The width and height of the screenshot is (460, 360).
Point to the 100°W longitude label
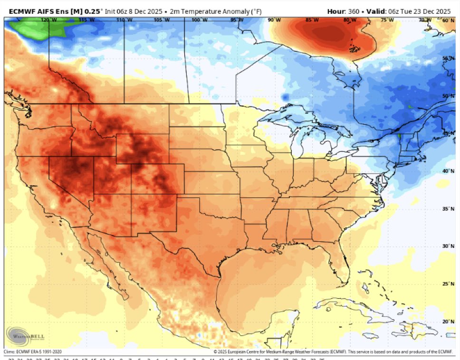click(199, 20)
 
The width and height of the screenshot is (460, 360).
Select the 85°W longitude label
click(312, 20)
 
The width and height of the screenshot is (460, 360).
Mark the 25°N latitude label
click(449, 284)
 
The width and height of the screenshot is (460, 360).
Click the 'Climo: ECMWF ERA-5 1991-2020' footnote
click(36, 352)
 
